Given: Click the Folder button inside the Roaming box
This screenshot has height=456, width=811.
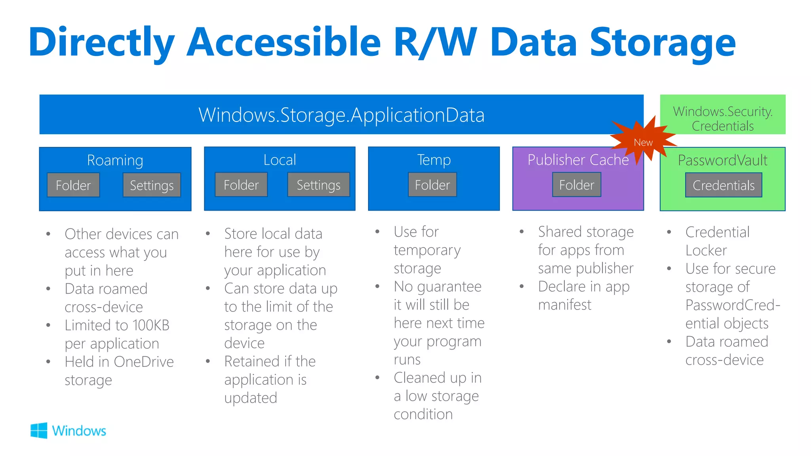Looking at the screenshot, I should point(73,185).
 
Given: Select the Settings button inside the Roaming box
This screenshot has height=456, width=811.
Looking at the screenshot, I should point(152,185).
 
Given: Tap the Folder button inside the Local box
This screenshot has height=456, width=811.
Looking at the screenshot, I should point(241,185).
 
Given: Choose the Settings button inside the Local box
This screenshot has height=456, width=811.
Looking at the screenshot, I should point(318,185).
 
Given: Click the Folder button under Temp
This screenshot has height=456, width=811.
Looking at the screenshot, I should point(432,185).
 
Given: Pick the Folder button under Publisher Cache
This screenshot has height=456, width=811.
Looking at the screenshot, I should point(577,185).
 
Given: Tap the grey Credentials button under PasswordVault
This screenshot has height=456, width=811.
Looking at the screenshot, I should point(723,185).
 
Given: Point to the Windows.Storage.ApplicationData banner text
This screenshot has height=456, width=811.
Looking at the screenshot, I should point(341,115).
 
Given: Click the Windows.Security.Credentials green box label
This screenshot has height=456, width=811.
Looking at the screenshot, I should point(723,118).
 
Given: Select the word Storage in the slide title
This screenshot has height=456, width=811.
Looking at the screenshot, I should point(663,43).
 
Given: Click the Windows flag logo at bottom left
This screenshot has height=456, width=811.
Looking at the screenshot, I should point(39,430).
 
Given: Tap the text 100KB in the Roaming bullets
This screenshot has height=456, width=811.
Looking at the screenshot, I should point(151,325).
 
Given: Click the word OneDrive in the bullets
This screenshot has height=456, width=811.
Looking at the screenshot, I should point(143,362).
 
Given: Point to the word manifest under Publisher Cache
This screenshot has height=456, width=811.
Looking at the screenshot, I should point(564,305).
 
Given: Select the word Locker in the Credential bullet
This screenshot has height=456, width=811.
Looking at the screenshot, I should point(706,251).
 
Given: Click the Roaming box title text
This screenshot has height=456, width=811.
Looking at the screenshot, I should point(115,160).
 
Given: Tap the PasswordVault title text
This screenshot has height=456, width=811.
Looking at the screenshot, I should point(722,160).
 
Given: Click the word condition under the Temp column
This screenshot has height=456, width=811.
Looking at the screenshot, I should point(423,414).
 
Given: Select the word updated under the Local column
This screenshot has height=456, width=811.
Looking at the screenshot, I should point(251,398).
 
